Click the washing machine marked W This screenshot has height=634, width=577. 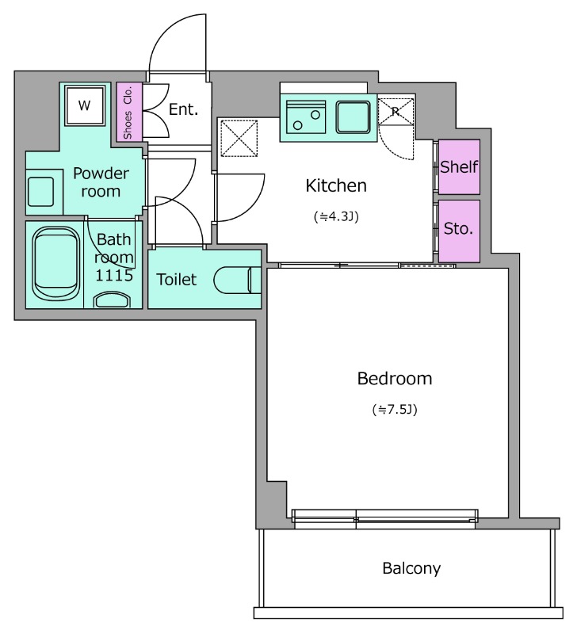tap(85, 105)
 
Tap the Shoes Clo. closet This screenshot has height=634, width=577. tap(129, 112)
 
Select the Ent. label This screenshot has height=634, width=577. tap(184, 109)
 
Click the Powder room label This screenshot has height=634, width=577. tap(101, 182)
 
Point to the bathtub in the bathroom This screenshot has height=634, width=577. tap(56, 264)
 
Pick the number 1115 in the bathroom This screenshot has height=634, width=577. tap(114, 275)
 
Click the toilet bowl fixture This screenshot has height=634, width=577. tap(237, 280)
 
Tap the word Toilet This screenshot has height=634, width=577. tap(176, 280)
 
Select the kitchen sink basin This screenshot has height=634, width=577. tap(353, 117)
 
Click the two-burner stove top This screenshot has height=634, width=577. tap(306, 117)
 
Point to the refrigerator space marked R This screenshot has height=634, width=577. tap(395, 112)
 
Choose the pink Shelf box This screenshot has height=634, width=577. tap(459, 166)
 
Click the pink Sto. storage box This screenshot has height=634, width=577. tap(459, 231)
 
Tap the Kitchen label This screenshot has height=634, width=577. tap(336, 185)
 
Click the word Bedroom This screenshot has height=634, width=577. tap(395, 379)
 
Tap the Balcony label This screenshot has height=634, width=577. tap(411, 568)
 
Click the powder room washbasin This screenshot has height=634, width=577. tap(40, 192)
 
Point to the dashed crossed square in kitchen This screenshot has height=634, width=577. tap(239, 138)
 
